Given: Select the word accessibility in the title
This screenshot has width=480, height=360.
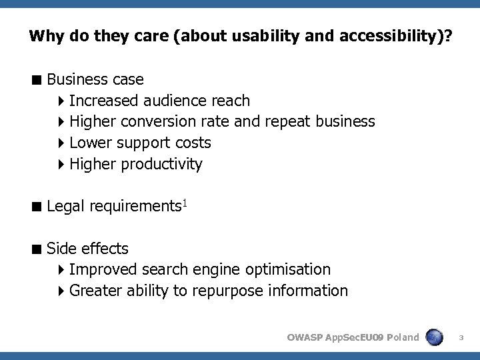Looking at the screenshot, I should (381, 35).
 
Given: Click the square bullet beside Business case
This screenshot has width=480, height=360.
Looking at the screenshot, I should (37, 80).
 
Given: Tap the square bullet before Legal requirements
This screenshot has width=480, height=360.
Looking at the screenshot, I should (37, 207).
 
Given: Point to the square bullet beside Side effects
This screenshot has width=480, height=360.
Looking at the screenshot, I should (37, 249).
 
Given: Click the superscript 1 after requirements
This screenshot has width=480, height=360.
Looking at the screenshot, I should (185, 202).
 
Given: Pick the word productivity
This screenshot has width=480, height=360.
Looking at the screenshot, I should (161, 164).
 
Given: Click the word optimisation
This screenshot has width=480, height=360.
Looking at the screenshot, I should (287, 269).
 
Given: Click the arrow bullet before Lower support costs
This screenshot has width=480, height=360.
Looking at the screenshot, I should (61, 143).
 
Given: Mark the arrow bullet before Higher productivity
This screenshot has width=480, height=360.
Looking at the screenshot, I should (61, 164).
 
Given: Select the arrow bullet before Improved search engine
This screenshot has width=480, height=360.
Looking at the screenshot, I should (61, 269).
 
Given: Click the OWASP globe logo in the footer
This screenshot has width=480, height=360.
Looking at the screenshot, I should (435, 337).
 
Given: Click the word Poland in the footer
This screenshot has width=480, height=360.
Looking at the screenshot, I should (402, 337).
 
